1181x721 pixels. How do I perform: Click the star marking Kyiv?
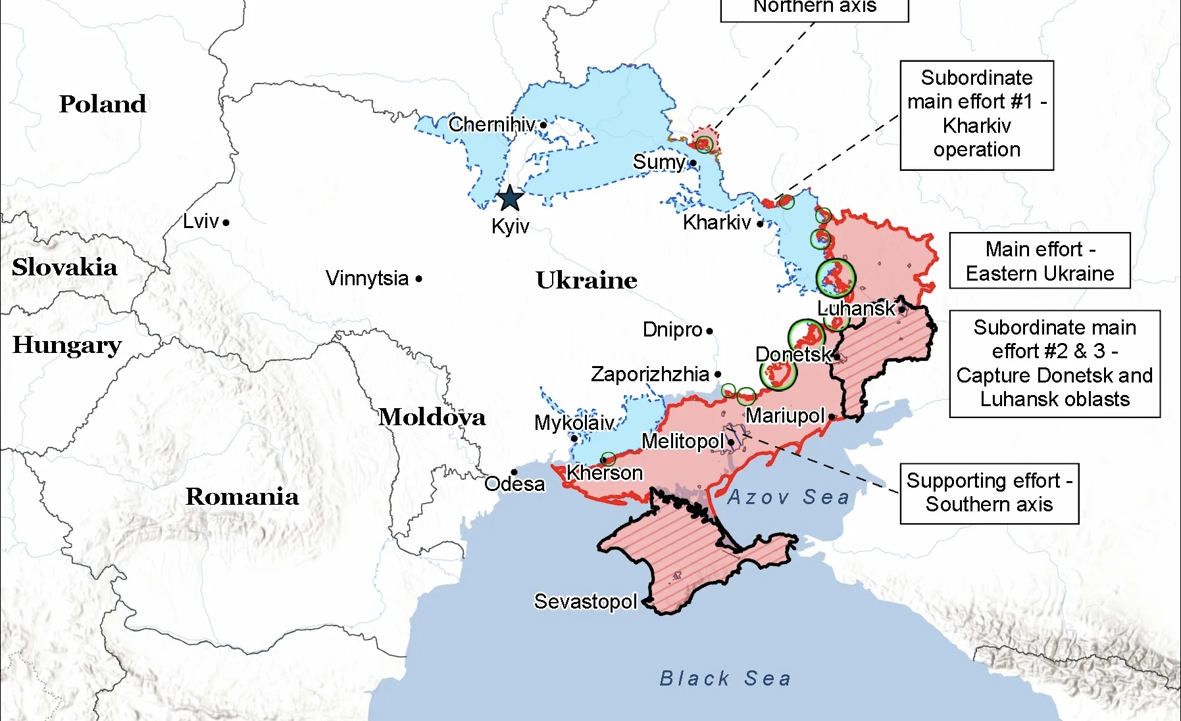pos(510,198)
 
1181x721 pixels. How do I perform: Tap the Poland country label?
pos(103,104)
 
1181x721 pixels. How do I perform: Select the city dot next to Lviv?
pos(226,223)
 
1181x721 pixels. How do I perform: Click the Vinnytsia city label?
pos(367,278)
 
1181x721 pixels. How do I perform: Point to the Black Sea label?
pos(725,678)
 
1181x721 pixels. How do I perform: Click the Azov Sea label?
pos(788,497)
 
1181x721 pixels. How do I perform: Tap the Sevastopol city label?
pos(585,601)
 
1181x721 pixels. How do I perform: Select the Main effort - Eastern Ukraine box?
pos(1040,261)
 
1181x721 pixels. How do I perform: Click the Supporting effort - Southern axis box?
pos(989,493)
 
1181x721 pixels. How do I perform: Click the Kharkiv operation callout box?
pos(976,115)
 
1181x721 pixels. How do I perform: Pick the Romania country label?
pos(241,496)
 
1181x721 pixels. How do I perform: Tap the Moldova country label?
pos(432,417)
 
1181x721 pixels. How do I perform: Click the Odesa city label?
pos(515,484)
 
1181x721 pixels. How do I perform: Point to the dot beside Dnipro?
pos(709,331)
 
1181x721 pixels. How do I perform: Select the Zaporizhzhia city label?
pos(649,374)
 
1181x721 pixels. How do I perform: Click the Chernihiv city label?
pos(491,124)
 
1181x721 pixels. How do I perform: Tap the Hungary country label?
pos(67,344)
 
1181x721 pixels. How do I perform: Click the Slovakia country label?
pos(64,267)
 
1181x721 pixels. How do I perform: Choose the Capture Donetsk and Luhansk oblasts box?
pos(1054,363)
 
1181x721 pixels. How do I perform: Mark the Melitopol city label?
pos(682,441)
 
